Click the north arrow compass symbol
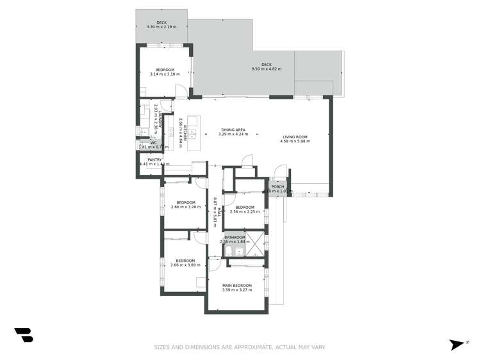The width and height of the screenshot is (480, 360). [x=457, y=344]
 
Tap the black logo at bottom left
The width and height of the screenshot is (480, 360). [x=24, y=334]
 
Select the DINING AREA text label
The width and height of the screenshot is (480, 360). [x=232, y=130]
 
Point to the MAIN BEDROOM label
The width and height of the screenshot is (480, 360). [x=236, y=285]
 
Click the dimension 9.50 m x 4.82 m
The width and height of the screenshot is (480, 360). [x=267, y=69]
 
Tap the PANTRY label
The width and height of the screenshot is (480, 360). [x=154, y=160]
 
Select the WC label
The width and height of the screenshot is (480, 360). [x=154, y=142]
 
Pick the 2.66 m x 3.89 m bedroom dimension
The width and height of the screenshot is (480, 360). [x=185, y=265]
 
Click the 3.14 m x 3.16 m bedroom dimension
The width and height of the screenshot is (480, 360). [x=161, y=74]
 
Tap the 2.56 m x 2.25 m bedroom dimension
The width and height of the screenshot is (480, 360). [x=245, y=211]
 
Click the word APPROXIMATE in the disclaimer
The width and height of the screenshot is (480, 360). [x=232, y=347]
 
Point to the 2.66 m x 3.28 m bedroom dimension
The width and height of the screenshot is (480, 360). [x=183, y=207]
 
